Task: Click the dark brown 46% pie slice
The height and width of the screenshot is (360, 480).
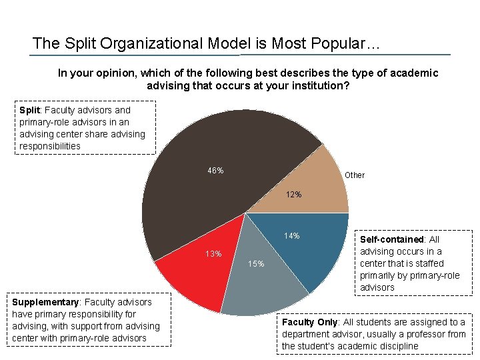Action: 200,200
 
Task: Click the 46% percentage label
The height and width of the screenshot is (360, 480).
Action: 215,171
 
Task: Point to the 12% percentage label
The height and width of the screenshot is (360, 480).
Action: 293,195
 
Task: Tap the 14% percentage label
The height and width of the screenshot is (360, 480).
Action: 291,236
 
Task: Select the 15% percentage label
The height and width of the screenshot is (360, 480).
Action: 256,264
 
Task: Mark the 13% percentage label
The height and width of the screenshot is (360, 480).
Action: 213,254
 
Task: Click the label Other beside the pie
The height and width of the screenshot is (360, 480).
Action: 355,175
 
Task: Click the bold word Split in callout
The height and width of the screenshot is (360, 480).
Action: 29,110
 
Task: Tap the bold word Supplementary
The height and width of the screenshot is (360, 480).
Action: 45,302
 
